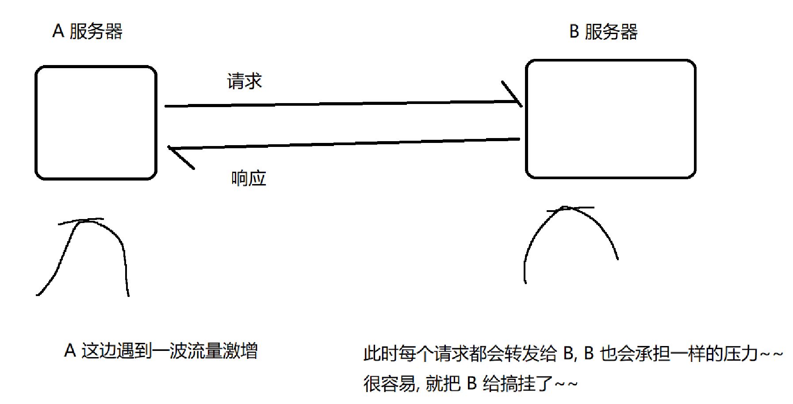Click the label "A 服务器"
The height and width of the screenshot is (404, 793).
[87, 31]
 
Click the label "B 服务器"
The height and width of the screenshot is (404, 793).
[603, 32]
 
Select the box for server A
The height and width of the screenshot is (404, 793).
[96, 123]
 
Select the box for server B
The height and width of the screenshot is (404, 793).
[610, 119]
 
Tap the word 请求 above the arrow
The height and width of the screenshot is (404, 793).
[244, 81]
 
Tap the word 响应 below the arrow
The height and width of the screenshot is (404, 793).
[249, 178]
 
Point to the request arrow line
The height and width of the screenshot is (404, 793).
[341, 104]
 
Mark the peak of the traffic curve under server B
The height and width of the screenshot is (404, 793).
[567, 208]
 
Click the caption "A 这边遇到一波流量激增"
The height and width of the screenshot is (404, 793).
[161, 351]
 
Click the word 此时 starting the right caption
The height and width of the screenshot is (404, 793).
[381, 354]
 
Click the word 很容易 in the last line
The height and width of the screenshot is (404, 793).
[389, 384]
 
